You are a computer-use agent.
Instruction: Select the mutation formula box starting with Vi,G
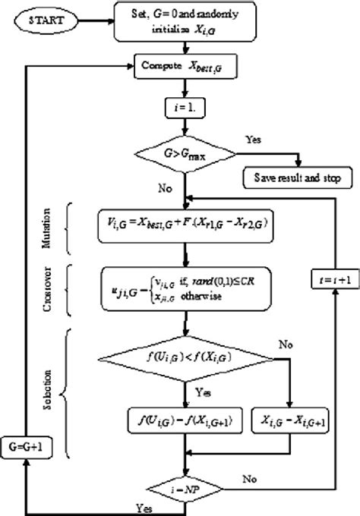pyautogui.click(x=182, y=225)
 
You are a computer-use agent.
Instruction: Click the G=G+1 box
pyautogui.click(x=23, y=447)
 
